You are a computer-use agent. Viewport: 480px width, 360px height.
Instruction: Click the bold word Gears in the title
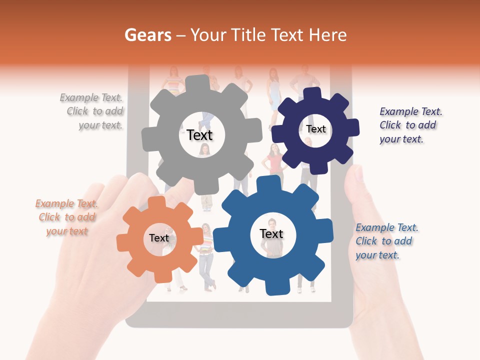tap(147, 35)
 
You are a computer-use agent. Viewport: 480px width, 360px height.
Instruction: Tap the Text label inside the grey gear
tap(199, 135)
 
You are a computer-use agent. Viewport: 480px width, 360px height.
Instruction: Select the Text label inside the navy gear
tap(315, 129)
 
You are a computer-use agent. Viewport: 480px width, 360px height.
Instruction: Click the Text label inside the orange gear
tap(159, 238)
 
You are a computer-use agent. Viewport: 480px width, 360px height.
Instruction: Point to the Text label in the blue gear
tap(271, 233)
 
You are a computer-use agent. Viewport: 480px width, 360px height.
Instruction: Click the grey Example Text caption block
tap(92, 111)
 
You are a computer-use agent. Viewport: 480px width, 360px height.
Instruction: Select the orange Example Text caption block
tap(66, 217)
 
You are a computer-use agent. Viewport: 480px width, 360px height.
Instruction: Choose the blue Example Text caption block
tap(386, 241)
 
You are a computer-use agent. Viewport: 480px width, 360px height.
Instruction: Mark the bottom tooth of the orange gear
tap(162, 275)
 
